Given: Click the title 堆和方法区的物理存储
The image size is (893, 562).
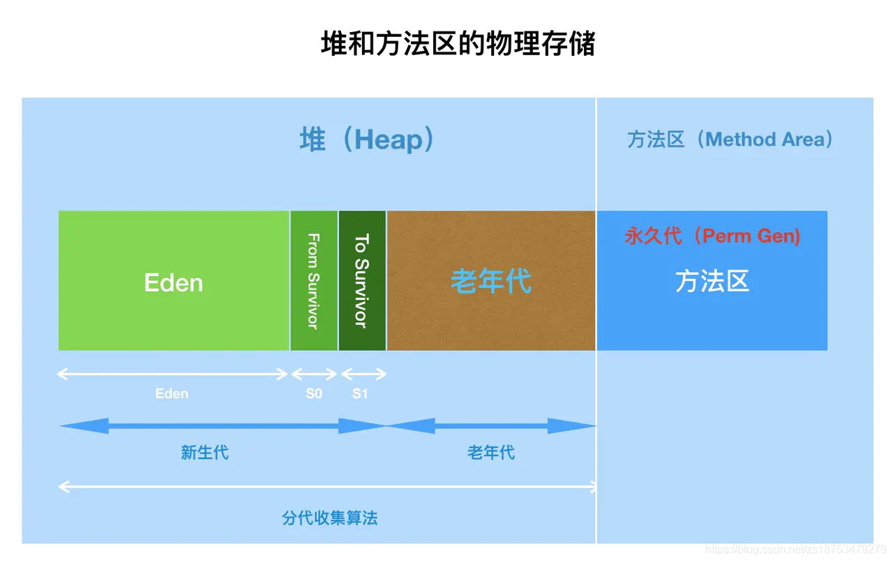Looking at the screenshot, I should click(x=458, y=44).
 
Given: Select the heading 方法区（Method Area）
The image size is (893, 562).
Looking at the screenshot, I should click(x=730, y=139).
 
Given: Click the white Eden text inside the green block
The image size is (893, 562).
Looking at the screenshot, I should click(x=174, y=282).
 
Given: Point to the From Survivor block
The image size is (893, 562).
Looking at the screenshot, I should click(x=314, y=280).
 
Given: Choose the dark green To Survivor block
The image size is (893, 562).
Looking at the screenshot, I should click(x=362, y=280).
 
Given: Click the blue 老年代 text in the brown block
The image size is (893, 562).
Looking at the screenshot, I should click(x=490, y=282).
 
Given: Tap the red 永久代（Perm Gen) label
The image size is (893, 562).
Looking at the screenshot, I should click(x=712, y=236).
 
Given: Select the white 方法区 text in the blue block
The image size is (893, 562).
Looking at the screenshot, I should click(x=712, y=282).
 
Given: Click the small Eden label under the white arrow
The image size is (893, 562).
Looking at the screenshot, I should click(x=172, y=394).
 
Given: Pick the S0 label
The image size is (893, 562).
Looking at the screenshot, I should click(x=314, y=394).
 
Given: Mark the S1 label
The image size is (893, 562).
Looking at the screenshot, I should click(x=360, y=394).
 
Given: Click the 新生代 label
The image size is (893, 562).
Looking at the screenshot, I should click(x=204, y=453).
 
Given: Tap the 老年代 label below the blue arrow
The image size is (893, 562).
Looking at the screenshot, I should click(x=491, y=453).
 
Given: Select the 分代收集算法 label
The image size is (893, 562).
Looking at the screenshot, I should click(x=330, y=518).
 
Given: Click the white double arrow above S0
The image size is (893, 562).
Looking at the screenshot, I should click(x=314, y=374).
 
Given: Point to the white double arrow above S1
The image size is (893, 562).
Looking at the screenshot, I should click(x=363, y=374).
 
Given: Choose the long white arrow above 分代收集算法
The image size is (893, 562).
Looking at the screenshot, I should click(x=327, y=487).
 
